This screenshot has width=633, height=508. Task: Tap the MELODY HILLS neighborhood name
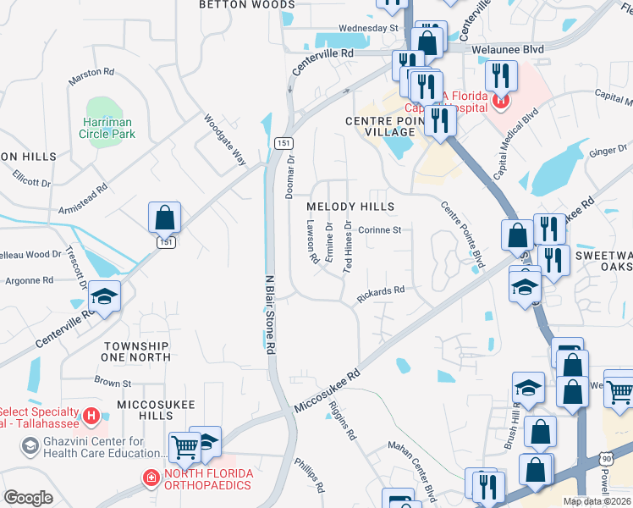point(350,207)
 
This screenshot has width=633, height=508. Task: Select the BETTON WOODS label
point(234,4)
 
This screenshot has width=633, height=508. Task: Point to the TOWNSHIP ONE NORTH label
point(136,351)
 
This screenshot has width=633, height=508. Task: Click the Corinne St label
point(384,229)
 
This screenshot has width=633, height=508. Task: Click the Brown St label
point(113,383)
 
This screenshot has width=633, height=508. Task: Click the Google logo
point(28,497)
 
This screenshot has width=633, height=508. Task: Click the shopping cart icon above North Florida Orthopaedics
point(184,446)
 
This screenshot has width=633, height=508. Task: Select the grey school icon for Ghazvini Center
point(30,445)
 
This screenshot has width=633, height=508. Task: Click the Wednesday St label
point(368,28)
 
